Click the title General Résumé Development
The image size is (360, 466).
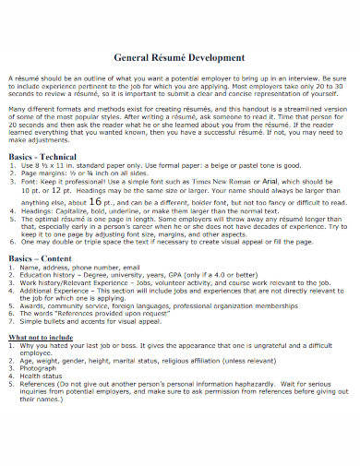point(180,57)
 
